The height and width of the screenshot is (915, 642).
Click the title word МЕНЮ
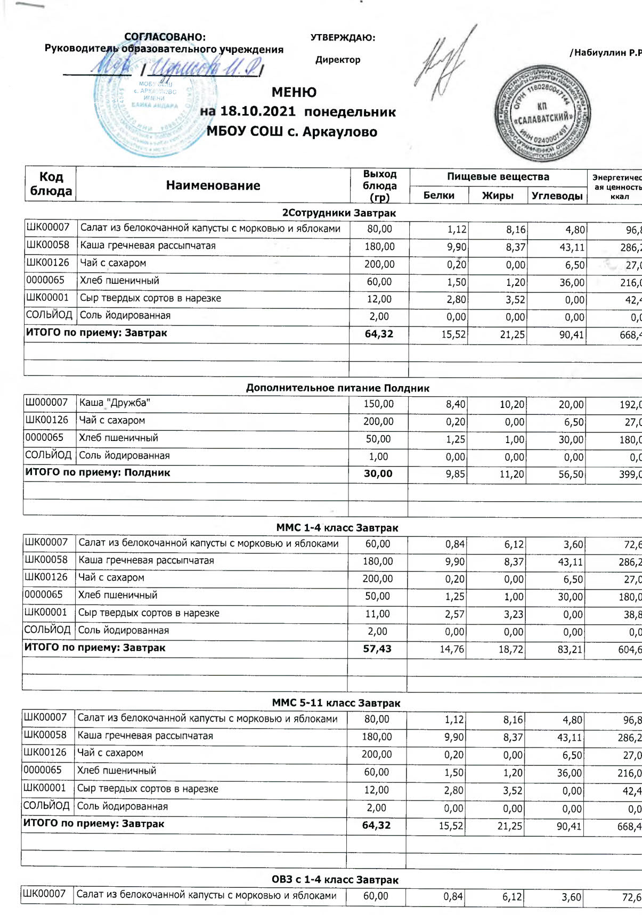294,92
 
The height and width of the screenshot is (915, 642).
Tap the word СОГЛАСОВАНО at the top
165,37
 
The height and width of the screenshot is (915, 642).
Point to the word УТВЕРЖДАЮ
343,38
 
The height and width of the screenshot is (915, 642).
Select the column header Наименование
213,185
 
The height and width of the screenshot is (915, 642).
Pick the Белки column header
438,195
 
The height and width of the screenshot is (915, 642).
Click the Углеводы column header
557,195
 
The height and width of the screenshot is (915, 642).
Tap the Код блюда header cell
51,184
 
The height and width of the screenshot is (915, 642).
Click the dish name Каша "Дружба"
115,403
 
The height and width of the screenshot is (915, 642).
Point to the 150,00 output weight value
378,404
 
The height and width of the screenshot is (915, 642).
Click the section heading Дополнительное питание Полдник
337,388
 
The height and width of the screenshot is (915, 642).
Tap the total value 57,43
377,649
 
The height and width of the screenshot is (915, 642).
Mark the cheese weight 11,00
377,614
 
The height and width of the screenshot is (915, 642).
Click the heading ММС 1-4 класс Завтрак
337,528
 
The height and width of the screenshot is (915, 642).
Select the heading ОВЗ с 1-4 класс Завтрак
335,880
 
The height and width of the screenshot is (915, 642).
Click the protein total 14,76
452,649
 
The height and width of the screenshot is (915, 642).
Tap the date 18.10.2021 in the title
257,112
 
